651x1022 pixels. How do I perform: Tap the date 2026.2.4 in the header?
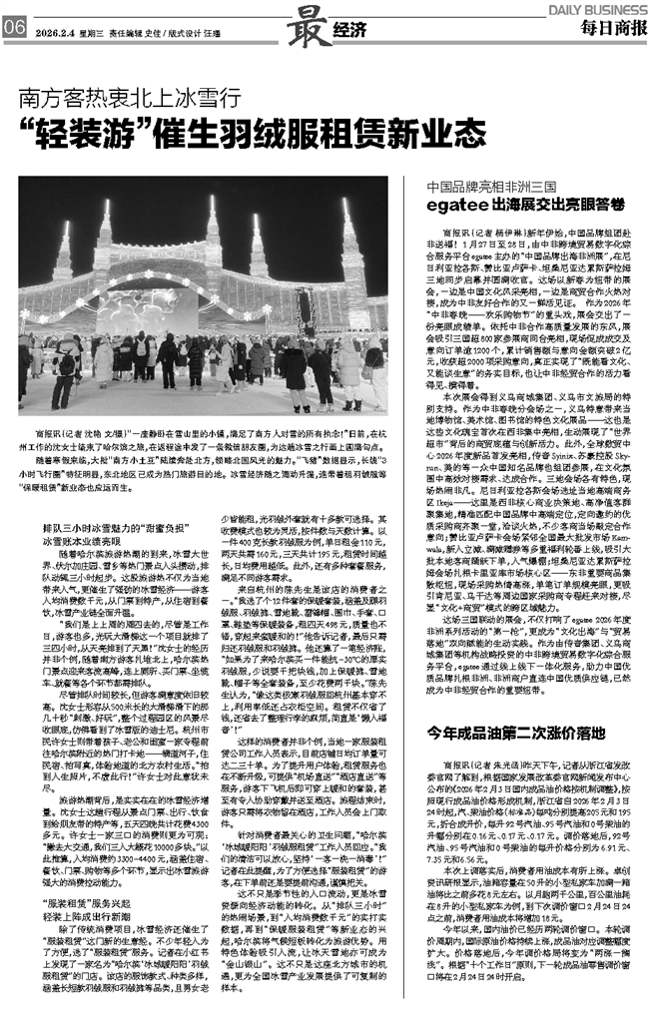(54, 30)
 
